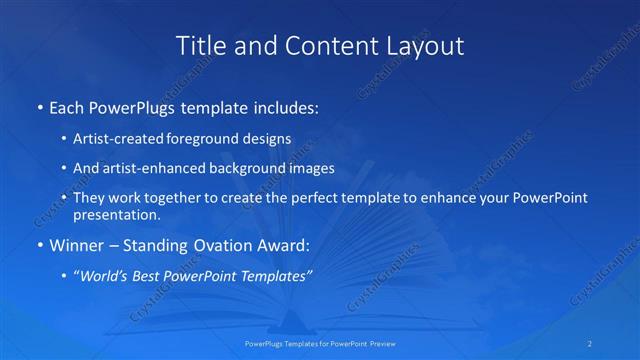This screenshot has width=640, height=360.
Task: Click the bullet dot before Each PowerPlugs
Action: [38, 106]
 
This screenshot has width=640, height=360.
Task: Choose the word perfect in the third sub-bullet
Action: [315, 198]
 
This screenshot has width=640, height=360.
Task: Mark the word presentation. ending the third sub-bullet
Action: [116, 214]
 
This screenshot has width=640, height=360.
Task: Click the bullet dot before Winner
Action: [38, 244]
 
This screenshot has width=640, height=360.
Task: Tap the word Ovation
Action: [213, 244]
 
